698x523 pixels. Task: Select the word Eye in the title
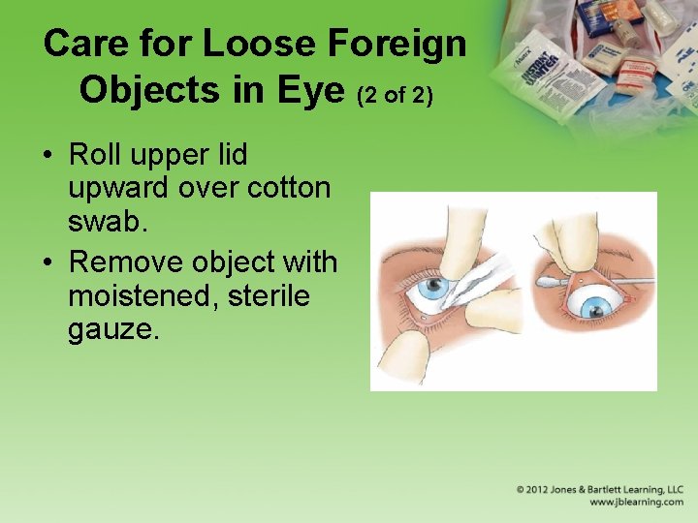[x=312, y=89]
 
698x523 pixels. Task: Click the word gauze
[x=111, y=329]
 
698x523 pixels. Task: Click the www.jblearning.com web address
[x=637, y=503]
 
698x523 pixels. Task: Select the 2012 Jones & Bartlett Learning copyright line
[x=600, y=490]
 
